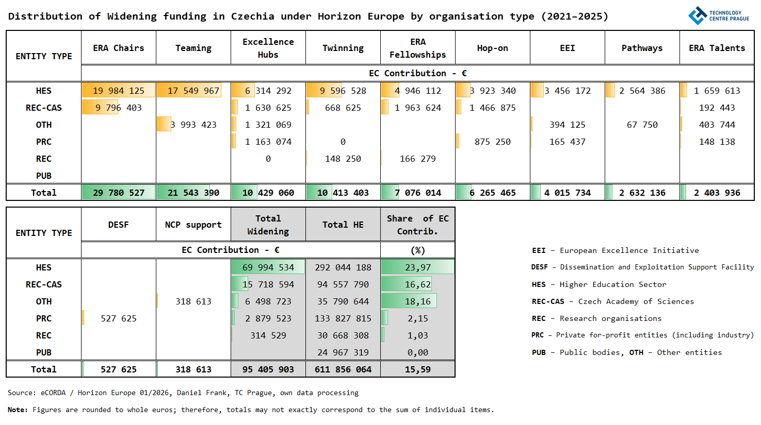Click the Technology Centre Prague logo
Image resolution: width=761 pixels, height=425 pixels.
(x=718, y=15)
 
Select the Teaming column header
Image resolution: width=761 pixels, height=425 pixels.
(x=193, y=48)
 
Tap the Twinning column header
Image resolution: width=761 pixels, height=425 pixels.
(x=343, y=48)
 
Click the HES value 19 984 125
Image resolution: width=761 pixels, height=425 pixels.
(x=119, y=91)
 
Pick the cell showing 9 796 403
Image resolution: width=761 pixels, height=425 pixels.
(x=119, y=108)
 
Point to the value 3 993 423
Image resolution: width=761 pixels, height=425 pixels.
(x=193, y=125)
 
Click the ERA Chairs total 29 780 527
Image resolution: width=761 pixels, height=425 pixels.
(x=119, y=193)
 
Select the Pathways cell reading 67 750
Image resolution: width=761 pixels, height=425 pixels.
(x=642, y=125)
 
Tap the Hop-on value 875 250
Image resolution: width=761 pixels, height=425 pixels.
(x=493, y=142)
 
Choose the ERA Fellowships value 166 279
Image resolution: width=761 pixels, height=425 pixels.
(x=418, y=159)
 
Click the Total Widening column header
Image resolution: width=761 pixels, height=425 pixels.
(x=268, y=225)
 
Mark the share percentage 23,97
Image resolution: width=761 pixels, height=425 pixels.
(x=418, y=267)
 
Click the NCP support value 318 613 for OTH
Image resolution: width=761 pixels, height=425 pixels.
(x=193, y=301)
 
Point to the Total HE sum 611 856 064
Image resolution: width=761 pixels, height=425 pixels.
(x=343, y=369)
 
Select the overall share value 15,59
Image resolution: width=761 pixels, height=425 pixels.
(x=418, y=369)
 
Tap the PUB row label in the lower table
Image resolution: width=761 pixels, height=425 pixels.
(x=44, y=352)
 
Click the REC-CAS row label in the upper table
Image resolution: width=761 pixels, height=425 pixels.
(x=44, y=108)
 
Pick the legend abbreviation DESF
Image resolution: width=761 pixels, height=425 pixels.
(x=540, y=267)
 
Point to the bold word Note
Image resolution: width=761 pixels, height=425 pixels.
(x=17, y=410)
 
